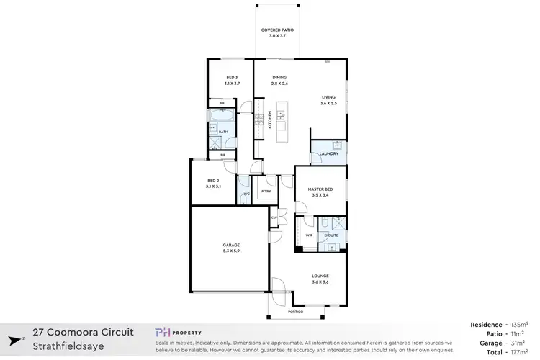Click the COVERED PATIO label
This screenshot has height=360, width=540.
pyautogui.click(x=277, y=30)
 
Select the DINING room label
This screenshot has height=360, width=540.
pyautogui.click(x=280, y=77)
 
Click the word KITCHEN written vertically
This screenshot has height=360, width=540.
pyautogui.click(x=270, y=119)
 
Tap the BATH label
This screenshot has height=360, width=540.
pyautogui.click(x=223, y=132)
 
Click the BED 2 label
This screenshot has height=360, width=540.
pyautogui.click(x=212, y=181)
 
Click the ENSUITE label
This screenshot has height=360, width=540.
pyautogui.click(x=330, y=235)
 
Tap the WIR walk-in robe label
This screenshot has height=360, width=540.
pyautogui.click(x=308, y=235)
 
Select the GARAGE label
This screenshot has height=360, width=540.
pyautogui.click(x=230, y=246)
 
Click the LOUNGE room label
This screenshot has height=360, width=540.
pyautogui.click(x=320, y=276)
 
